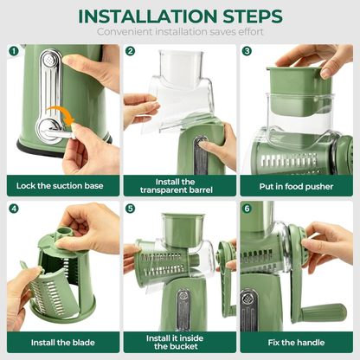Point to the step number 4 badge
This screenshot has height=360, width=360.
[14, 209]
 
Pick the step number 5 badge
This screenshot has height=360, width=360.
[131, 209]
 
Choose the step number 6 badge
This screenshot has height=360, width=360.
[247, 209]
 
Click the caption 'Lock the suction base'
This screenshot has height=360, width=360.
[61, 184]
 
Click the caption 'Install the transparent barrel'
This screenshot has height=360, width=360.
[179, 184]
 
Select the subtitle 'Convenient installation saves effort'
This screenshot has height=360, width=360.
[180, 33]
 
